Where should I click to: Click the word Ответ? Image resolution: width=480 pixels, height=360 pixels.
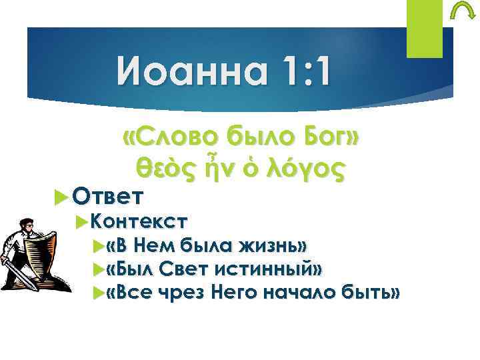coord(107,196)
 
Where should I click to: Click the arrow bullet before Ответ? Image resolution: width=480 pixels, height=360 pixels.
coord(63,197)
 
